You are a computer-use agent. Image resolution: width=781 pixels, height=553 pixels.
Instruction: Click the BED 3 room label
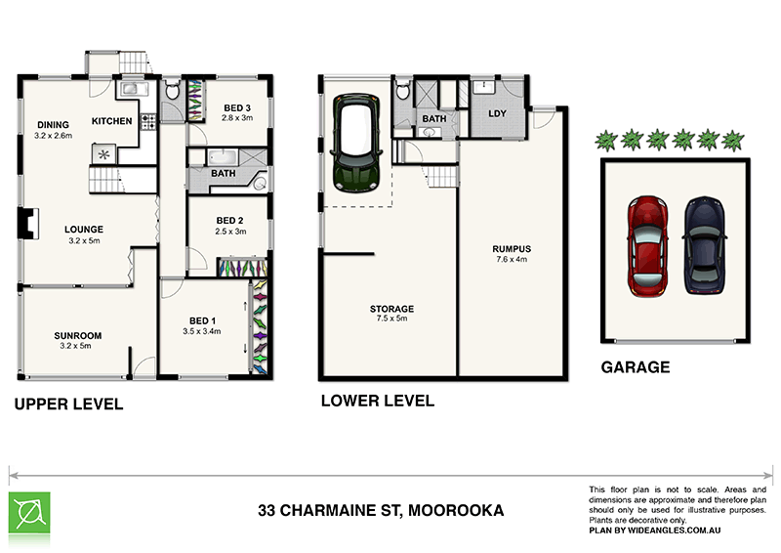point(237,107)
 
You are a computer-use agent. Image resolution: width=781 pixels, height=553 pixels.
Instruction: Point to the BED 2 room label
point(230,221)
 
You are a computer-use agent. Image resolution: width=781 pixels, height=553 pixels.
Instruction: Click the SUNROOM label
point(77,335)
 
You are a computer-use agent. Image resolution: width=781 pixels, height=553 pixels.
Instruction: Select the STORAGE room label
point(390,309)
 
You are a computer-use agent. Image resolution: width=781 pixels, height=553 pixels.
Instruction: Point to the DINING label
point(52,124)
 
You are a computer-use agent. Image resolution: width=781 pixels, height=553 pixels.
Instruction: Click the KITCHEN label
point(111,120)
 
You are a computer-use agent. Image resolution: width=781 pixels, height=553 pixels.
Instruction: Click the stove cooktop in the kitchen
point(148,123)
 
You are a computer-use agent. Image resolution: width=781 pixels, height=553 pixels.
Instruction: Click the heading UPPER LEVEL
point(67,404)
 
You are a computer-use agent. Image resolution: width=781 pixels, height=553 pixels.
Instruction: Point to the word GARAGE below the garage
point(635,367)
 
